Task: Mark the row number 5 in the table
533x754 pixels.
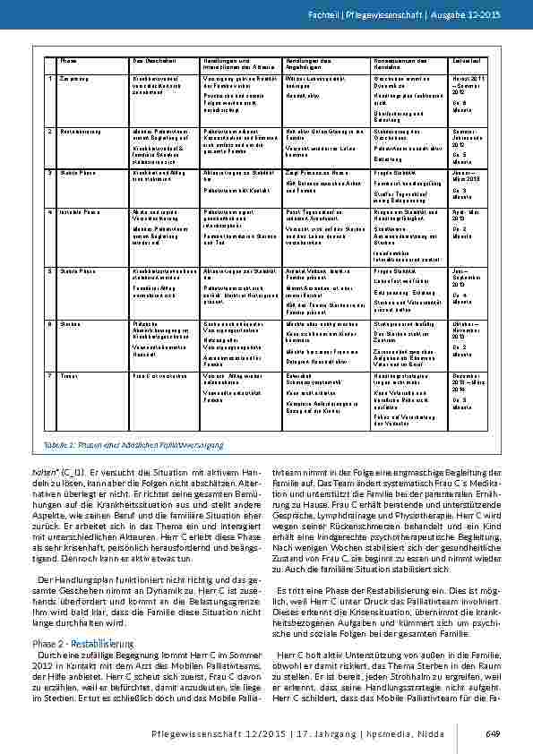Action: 50,268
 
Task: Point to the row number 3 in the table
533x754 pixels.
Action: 50,170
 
